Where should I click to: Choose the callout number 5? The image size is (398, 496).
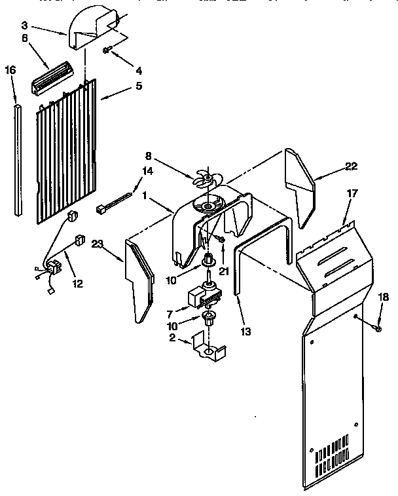(138, 86)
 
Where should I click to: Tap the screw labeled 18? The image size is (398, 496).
(378, 325)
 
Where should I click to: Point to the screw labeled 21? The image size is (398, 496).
(222, 242)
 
